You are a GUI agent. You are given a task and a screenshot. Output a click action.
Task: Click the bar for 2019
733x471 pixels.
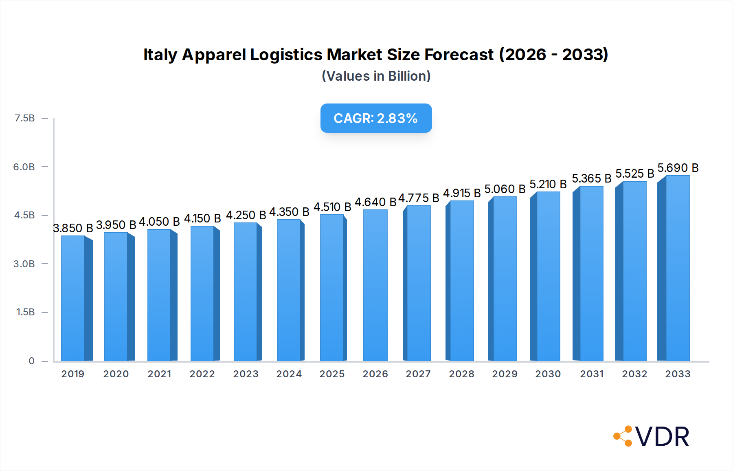[73, 298]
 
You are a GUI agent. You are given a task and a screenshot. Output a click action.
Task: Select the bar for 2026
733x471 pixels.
[375, 285]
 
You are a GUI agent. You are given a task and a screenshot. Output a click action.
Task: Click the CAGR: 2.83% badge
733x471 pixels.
[376, 118]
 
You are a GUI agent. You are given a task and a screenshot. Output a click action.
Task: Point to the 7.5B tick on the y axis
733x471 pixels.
[25, 118]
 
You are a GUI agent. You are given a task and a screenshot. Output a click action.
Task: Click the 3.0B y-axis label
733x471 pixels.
[24, 264]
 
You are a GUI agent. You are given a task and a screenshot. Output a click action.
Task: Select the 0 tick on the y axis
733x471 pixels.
[31, 361]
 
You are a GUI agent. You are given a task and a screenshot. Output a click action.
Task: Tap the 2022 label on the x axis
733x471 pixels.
[202, 374]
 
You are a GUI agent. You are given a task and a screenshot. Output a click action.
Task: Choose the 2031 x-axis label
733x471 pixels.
[591, 374]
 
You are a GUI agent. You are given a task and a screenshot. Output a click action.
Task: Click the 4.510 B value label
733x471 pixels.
[332, 207]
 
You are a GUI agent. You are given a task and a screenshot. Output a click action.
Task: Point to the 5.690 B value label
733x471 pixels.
[678, 168]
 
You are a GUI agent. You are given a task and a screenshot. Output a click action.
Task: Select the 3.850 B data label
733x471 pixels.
[73, 228]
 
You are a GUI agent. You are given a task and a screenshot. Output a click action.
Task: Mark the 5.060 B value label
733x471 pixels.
[505, 189]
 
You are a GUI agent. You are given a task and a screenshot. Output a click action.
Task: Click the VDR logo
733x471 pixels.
[651, 436]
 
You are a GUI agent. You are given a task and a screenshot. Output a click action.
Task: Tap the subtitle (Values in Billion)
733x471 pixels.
[376, 76]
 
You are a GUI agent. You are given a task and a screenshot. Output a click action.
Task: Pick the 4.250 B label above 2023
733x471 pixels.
[246, 215]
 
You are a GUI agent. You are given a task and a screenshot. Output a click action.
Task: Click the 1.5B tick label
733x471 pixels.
[25, 312]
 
